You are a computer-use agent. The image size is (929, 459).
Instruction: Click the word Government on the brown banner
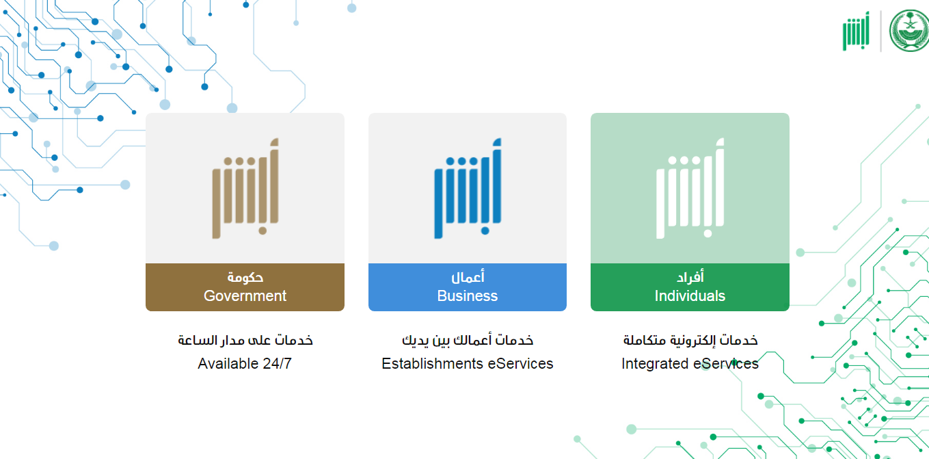245,296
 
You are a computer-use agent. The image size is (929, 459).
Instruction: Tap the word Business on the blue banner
468,296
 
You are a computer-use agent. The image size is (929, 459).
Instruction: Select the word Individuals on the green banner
690,296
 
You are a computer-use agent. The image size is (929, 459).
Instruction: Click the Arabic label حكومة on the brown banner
245,277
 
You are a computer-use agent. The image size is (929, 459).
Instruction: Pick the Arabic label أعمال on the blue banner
468,276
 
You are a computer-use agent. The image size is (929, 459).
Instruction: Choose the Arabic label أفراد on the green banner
690,276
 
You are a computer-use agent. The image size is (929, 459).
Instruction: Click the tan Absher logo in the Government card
245,188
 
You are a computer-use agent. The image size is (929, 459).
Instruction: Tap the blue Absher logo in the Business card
468,188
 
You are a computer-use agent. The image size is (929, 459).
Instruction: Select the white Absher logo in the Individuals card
690,188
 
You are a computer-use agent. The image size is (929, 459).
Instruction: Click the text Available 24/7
245,363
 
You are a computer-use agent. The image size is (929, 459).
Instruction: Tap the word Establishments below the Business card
432,363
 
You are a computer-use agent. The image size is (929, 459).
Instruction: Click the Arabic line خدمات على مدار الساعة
245,340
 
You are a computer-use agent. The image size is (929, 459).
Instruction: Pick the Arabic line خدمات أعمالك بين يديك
468,340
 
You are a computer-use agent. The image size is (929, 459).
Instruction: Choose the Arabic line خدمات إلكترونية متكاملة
690,340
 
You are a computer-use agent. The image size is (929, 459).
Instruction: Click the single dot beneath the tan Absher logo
262,231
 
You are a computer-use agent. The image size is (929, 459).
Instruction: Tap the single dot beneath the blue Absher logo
485,231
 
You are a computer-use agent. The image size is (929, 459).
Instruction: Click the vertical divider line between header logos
881,31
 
